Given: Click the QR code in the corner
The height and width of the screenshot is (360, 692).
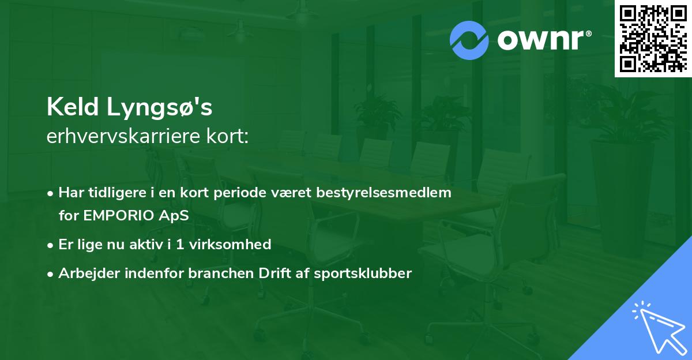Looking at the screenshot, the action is (653, 38).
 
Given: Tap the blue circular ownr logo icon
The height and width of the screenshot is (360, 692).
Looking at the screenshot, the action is (469, 40).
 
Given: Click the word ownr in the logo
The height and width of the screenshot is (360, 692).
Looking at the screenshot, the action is (541, 40).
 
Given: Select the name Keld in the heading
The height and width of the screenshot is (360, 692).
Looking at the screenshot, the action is (73, 107).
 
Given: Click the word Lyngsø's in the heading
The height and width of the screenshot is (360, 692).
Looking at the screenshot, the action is (159, 108).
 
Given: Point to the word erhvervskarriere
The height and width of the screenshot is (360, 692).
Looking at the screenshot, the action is (123, 136).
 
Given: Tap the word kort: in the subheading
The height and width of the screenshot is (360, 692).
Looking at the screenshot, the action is (227, 136).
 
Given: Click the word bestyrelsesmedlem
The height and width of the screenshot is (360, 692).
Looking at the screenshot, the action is (383, 193).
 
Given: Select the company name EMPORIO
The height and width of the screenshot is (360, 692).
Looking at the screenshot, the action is (119, 215).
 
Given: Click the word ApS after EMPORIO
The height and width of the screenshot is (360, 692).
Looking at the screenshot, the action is (174, 216).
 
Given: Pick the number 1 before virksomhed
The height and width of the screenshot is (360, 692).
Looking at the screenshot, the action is (180, 245).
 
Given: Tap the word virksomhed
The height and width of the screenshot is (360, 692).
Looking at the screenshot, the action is (230, 244).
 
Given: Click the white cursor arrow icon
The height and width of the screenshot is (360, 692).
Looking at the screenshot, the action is (660, 329).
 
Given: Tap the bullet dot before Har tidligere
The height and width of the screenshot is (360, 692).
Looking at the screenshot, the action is (50, 194).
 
